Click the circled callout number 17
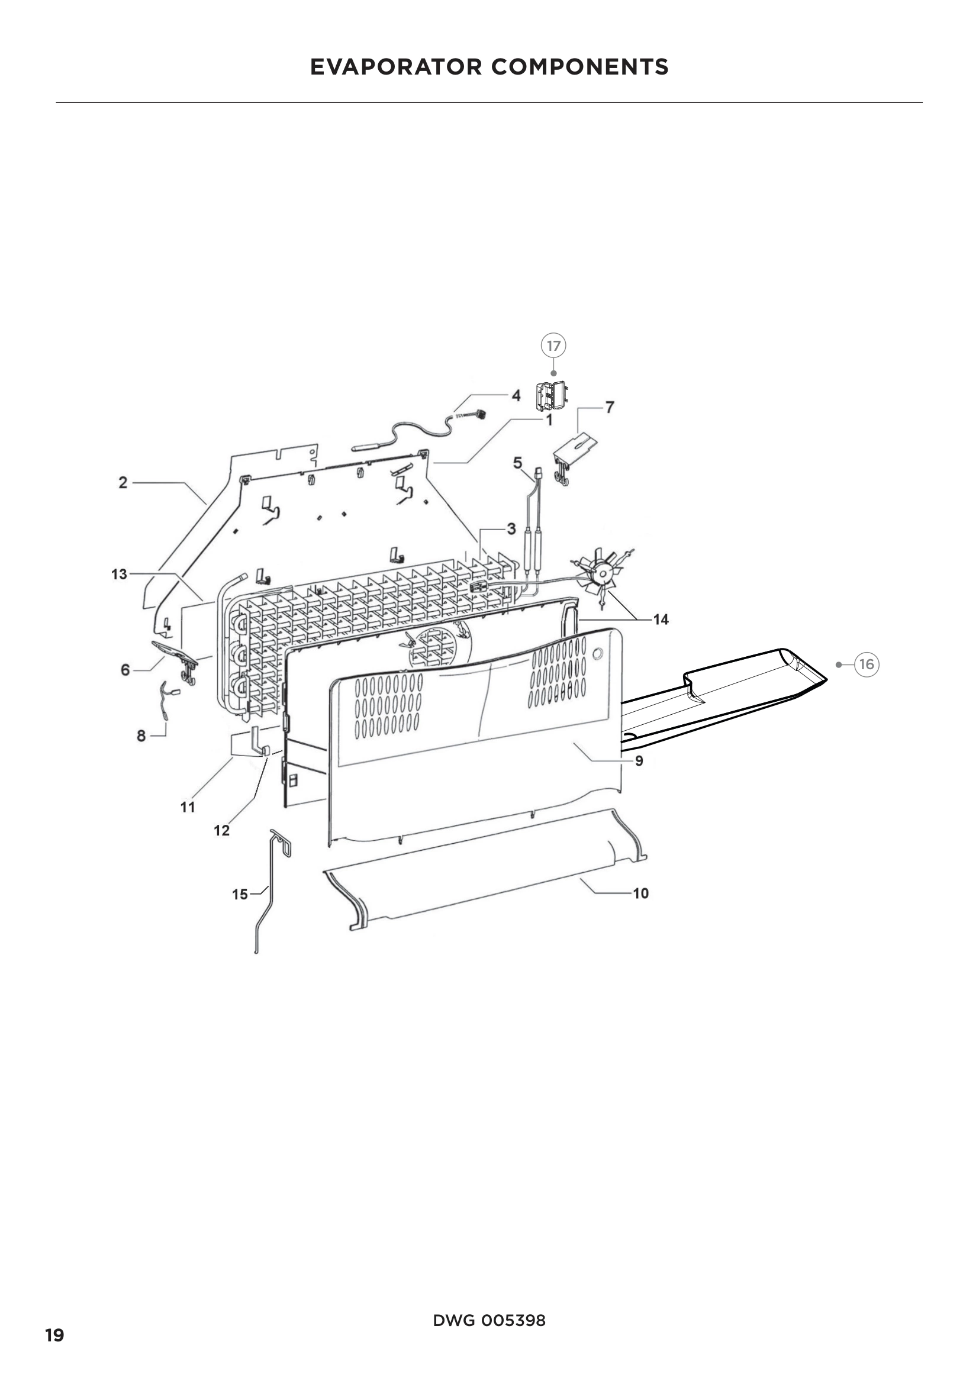click(553, 346)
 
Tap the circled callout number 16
click(867, 664)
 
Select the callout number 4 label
click(516, 395)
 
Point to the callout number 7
click(610, 408)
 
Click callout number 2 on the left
click(123, 482)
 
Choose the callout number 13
click(120, 574)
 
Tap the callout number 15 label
click(240, 895)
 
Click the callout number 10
click(640, 893)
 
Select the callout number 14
click(661, 620)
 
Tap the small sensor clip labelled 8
click(165, 701)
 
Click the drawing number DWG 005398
click(489, 1320)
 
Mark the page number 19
click(54, 1335)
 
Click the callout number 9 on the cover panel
click(639, 761)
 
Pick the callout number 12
click(221, 831)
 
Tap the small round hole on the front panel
click(597, 653)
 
